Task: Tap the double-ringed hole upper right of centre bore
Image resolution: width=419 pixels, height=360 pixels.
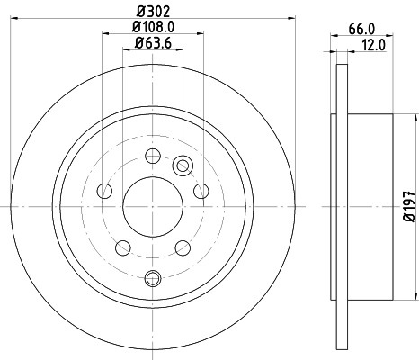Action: click(183, 165)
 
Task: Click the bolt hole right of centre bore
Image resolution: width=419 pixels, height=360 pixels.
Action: click(200, 190)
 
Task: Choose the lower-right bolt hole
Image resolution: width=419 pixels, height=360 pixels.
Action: click(181, 247)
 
